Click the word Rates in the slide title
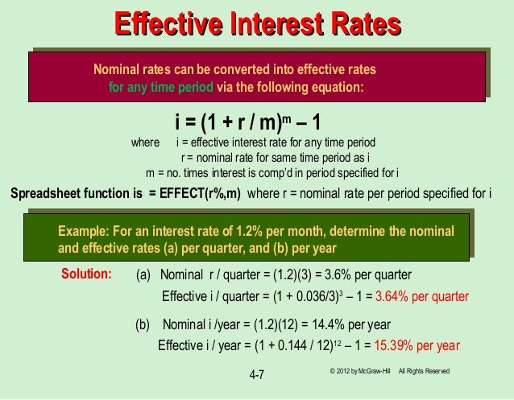[362, 25]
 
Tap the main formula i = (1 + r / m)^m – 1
[249, 122]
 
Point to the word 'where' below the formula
[145, 143]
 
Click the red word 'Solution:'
[86, 274]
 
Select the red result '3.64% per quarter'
[422, 295]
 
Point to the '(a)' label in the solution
[143, 274]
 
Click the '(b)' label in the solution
[143, 325]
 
